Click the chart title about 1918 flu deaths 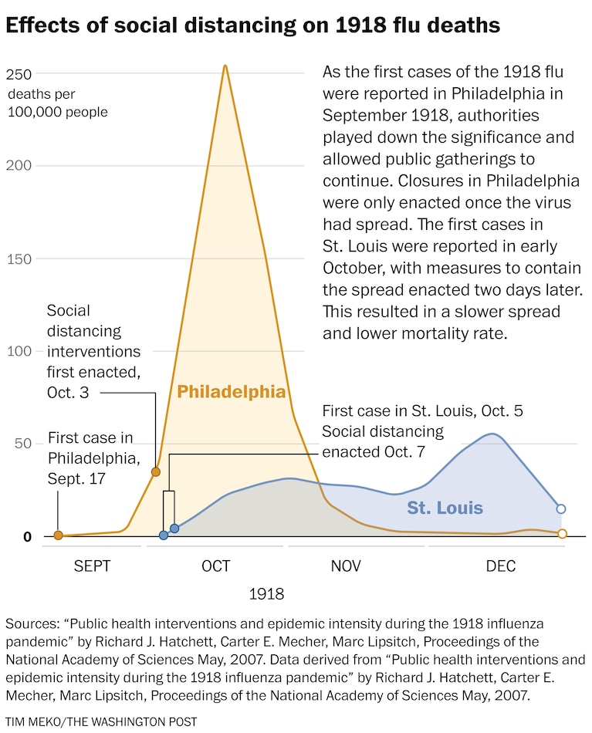252,25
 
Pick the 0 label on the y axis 27,536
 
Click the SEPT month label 93,566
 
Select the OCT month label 215,566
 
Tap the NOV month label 345,566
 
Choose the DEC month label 501,566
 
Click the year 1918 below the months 267,594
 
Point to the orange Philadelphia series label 232,392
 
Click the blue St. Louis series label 445,508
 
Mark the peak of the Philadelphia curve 225,66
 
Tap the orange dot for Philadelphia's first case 58,535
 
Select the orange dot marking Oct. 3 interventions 155,471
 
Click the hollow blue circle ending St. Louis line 561,509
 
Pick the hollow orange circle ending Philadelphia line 562,534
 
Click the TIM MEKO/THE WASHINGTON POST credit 101,721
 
